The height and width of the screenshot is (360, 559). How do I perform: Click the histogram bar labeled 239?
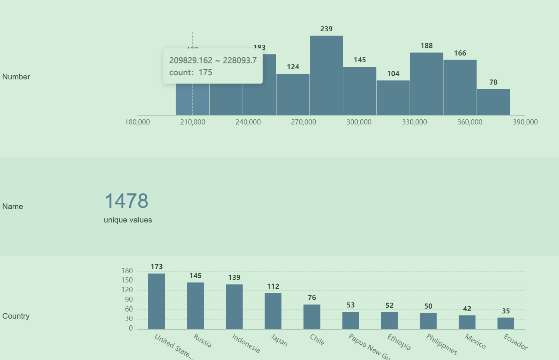click(x=326, y=75)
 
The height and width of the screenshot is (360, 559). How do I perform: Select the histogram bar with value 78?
click(x=493, y=102)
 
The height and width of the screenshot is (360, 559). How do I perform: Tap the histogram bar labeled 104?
click(x=393, y=98)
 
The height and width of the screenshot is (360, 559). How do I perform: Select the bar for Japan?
click(x=273, y=311)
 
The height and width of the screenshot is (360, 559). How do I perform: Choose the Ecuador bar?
click(x=506, y=323)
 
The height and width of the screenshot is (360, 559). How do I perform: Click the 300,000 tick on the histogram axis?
click(x=359, y=122)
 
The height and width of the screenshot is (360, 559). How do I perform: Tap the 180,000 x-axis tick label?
click(x=137, y=122)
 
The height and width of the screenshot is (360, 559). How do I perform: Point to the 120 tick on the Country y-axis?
click(x=127, y=290)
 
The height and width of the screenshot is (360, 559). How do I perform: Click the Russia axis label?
click(x=202, y=341)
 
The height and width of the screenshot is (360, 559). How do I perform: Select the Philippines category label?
click(x=442, y=344)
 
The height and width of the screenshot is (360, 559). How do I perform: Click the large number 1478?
click(x=126, y=201)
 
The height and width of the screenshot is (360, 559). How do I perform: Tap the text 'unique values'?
click(x=128, y=220)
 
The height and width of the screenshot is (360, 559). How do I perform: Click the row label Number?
click(x=16, y=77)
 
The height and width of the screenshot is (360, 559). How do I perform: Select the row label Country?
click(x=16, y=316)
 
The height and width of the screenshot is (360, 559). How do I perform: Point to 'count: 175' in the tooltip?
click(x=190, y=72)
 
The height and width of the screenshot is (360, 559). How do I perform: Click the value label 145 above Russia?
click(x=195, y=276)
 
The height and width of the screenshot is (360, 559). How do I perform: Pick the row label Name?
click(x=13, y=206)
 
